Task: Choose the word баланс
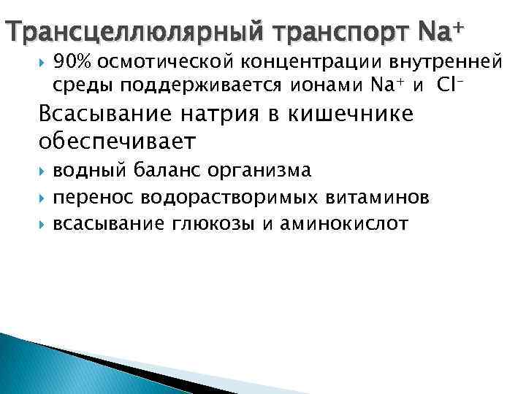tap(170, 171)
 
